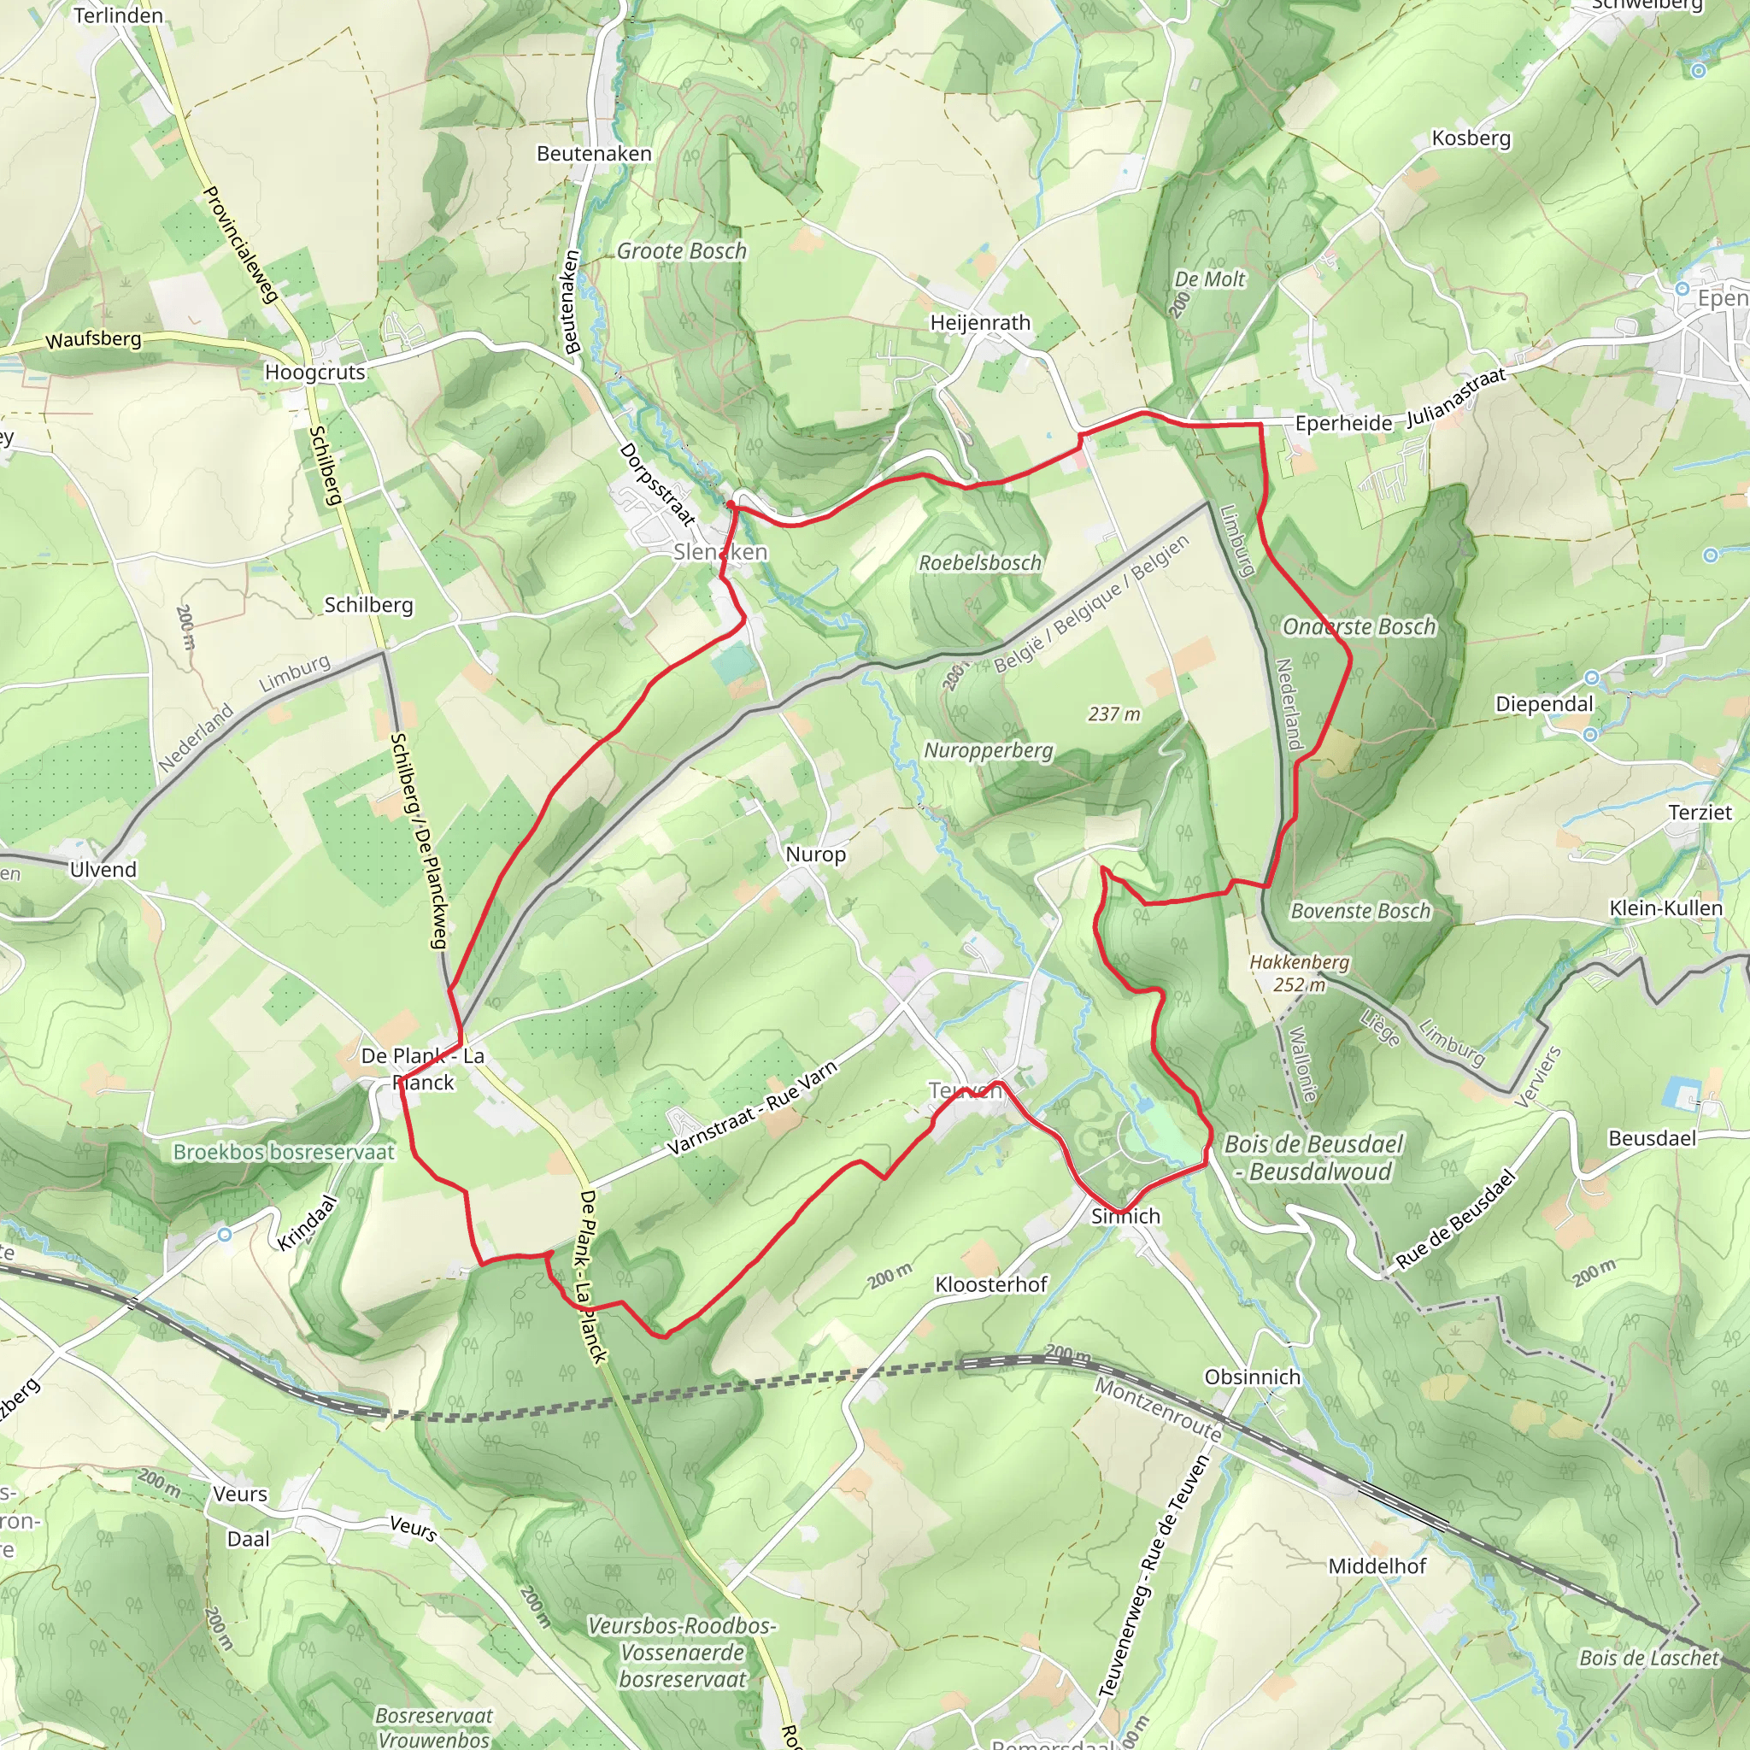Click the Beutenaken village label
(593, 154)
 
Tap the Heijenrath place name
(980, 323)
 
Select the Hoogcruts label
(314, 373)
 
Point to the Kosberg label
(1471, 138)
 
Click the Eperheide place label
(1343, 424)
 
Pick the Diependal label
(1543, 705)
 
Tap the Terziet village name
(1700, 813)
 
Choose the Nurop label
(815, 854)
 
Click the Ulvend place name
(103, 870)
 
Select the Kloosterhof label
(991, 1284)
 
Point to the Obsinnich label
(1252, 1377)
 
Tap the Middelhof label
(1377, 1566)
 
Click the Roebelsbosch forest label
(980, 563)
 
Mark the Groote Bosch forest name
(681, 251)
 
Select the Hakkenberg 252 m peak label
(1299, 972)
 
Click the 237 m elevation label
(1113, 714)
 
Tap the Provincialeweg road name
(239, 244)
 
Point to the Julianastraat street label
(1454, 397)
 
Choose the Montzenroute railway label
(1159, 1408)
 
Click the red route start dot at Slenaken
(731, 504)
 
